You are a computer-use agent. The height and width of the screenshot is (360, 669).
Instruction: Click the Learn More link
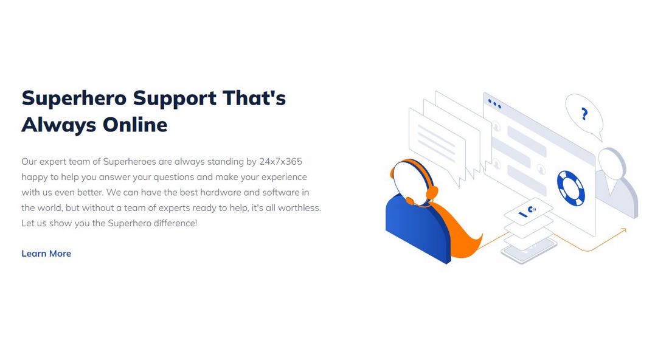coord(46,254)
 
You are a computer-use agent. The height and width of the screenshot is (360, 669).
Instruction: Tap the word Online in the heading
coord(135,125)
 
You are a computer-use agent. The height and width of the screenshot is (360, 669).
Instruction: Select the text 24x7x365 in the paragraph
coord(280,162)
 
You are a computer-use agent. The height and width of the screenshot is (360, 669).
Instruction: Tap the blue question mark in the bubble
coord(584,114)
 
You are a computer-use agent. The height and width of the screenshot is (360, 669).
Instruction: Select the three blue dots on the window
coord(494,103)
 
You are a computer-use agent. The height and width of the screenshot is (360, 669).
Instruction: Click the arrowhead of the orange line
coord(623,230)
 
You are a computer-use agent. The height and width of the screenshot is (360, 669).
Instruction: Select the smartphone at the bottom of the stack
coord(529,251)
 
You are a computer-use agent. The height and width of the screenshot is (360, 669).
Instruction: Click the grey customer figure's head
coord(612,163)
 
